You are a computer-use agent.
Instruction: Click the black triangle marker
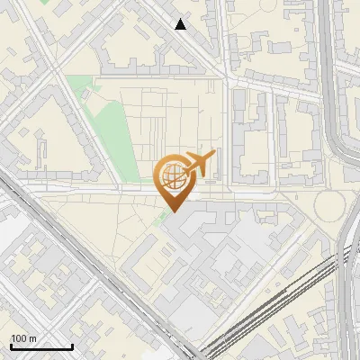[x=181, y=24]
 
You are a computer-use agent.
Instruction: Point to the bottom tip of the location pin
[x=173, y=211]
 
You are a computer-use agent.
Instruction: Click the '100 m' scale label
[x=23, y=338]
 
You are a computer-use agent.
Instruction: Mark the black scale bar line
[x=41, y=346]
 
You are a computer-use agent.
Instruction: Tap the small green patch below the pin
[x=160, y=218]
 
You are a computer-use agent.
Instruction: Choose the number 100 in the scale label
[x=19, y=338]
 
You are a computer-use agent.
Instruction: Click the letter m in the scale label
[x=32, y=339]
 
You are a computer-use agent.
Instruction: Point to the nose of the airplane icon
[x=215, y=157]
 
